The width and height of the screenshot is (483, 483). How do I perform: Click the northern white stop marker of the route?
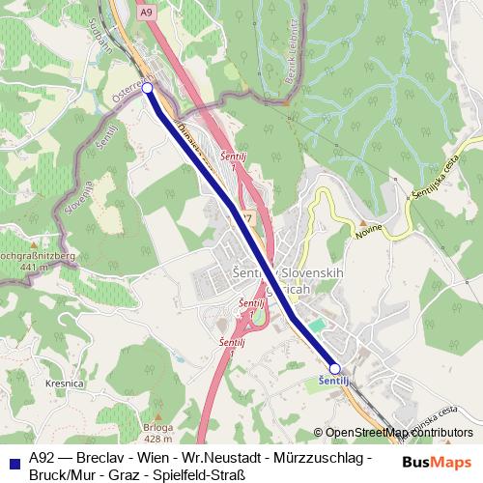click(147, 87)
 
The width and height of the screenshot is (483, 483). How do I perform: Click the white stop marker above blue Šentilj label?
click(335, 368)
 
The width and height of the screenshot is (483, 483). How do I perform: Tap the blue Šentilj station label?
click(333, 383)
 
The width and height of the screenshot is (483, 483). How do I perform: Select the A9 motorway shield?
click(145, 13)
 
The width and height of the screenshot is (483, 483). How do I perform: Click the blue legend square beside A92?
click(11, 457)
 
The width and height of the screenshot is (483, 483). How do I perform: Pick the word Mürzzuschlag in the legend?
click(314, 457)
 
